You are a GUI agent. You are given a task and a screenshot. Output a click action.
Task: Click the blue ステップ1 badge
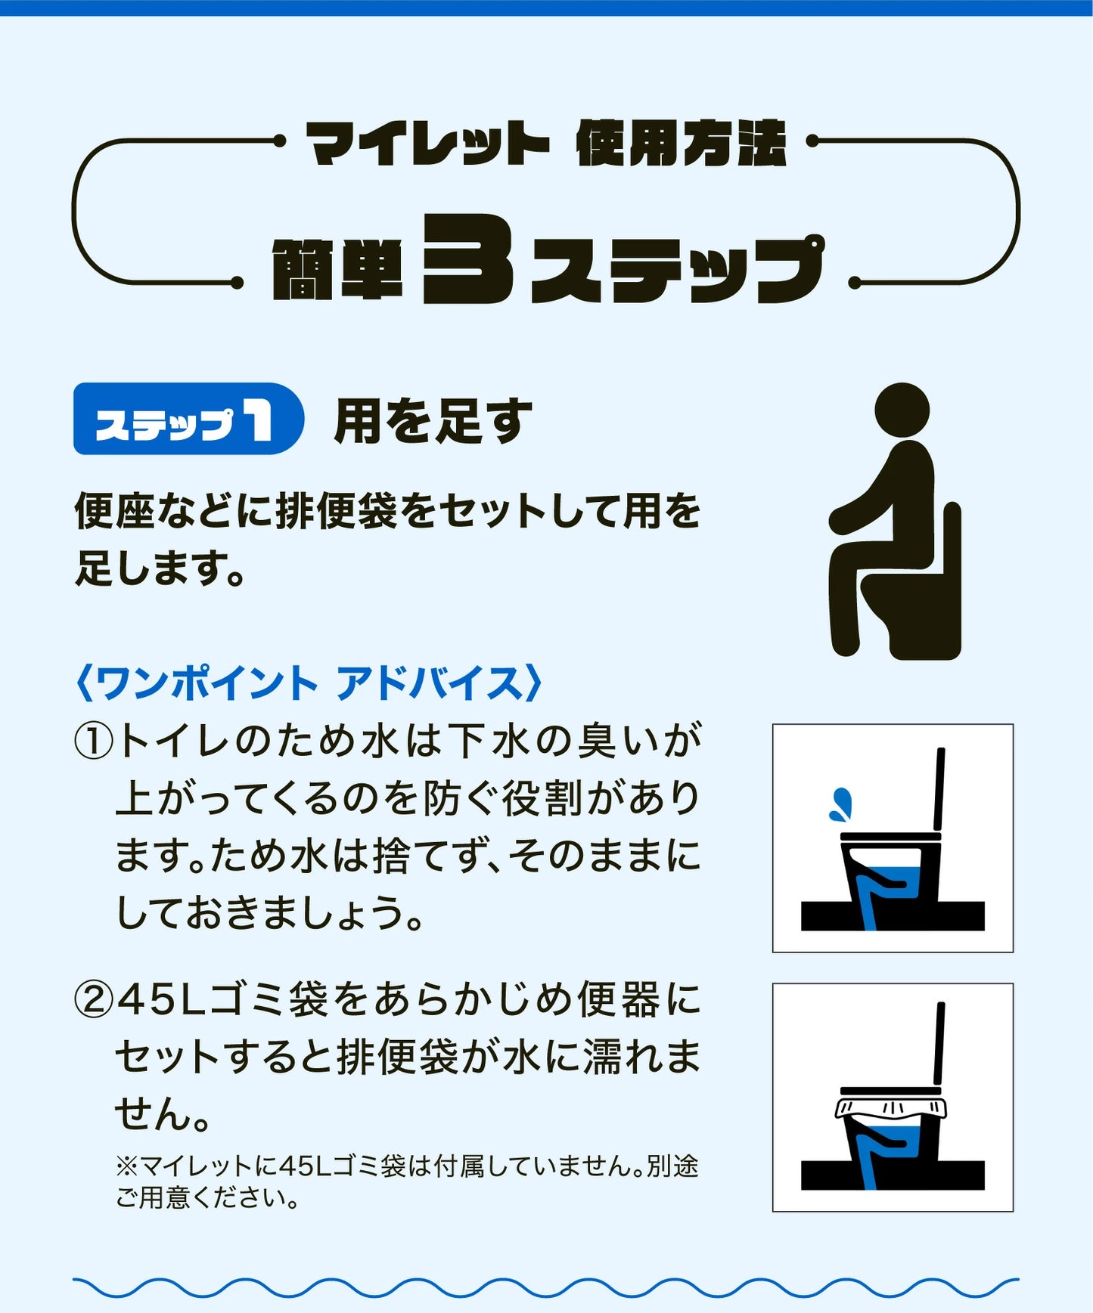(188, 419)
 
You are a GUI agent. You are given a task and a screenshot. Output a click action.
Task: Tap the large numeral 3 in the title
(468, 259)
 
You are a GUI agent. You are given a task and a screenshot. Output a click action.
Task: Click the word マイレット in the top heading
(427, 144)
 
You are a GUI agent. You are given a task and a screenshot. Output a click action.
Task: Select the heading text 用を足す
(433, 421)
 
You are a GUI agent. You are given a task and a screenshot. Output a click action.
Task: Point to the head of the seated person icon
(902, 410)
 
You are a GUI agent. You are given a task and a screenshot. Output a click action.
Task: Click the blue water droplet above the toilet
(841, 804)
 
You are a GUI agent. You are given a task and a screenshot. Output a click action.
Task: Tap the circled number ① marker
(94, 741)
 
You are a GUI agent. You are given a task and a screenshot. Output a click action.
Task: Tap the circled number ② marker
(94, 999)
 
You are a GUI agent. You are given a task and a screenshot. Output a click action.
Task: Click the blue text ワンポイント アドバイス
(309, 683)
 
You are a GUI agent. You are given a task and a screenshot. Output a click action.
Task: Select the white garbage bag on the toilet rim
(890, 1108)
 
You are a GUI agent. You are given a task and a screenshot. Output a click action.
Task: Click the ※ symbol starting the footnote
(126, 1166)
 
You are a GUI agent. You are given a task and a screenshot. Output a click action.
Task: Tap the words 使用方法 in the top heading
(681, 144)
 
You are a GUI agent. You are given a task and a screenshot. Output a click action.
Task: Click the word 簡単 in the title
(337, 270)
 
